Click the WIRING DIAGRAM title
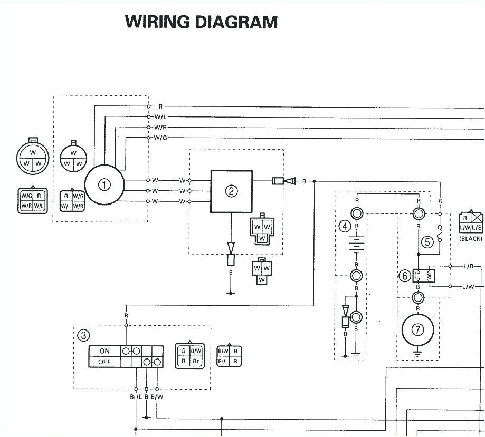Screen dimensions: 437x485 pyautogui.click(x=201, y=22)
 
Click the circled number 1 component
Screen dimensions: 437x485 pyautogui.click(x=104, y=184)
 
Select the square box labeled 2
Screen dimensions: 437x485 pyautogui.click(x=231, y=191)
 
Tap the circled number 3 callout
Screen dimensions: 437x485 pyautogui.click(x=83, y=334)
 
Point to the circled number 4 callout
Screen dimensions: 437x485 pyautogui.click(x=345, y=227)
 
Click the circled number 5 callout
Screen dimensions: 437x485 pyautogui.click(x=427, y=242)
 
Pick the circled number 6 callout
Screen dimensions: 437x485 pyautogui.click(x=405, y=275)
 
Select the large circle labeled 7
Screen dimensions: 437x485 pyautogui.click(x=417, y=331)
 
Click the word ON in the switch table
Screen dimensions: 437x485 pyautogui.click(x=104, y=351)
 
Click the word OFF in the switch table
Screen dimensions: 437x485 pyautogui.click(x=104, y=362)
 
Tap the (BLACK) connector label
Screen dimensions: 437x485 pyautogui.click(x=471, y=239)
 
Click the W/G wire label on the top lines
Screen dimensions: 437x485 pyautogui.click(x=160, y=138)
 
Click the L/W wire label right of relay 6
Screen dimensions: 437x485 pyautogui.click(x=468, y=287)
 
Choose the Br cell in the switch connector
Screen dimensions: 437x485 pyautogui.click(x=196, y=361)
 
